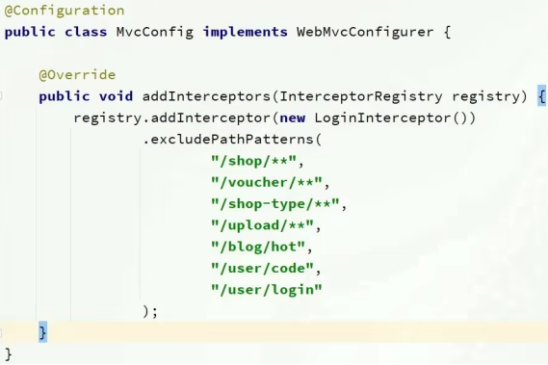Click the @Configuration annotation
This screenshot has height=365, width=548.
pos(65,11)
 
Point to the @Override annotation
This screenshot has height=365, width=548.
pos(77,74)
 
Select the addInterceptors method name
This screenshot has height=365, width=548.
pos(206,96)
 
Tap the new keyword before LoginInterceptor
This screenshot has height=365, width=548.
pos(292,117)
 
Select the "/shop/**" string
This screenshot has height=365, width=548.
pos(257,161)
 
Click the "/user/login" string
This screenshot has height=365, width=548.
pos(267,289)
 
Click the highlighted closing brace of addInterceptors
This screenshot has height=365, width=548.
pos(42,332)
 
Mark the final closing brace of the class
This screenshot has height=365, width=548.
pos(8,353)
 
